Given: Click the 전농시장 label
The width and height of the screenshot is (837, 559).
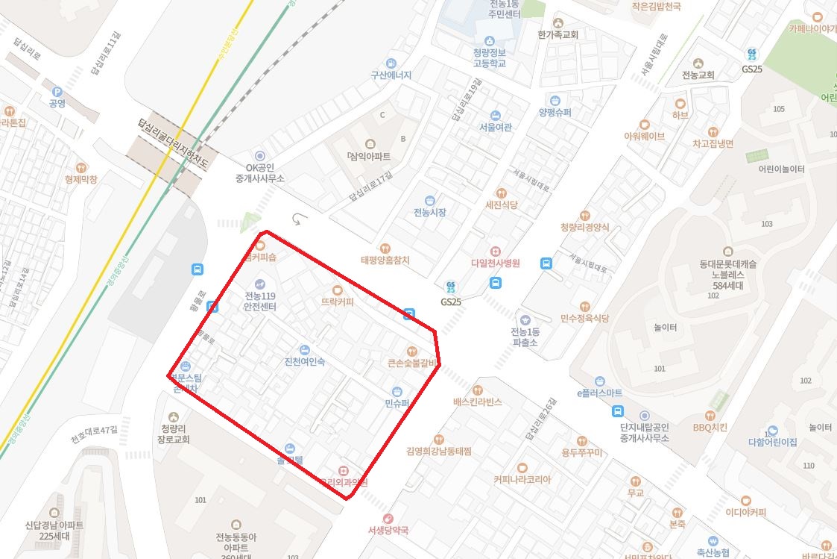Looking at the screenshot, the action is click(429, 212).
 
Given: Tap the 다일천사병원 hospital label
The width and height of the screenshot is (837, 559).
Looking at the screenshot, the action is click(495, 263).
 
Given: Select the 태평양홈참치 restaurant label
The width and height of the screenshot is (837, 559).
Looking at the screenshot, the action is click(385, 260).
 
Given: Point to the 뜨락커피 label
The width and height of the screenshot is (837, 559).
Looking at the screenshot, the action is click(337, 302).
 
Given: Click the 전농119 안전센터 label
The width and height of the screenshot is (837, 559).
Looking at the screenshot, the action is click(260, 301).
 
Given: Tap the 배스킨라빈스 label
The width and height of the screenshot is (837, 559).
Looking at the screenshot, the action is click(477, 402).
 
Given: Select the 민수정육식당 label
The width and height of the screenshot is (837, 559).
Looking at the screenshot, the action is click(585, 318).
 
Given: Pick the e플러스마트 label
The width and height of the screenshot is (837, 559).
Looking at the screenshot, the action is click(599, 393).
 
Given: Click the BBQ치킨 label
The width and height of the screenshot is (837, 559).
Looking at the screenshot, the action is click(710, 428).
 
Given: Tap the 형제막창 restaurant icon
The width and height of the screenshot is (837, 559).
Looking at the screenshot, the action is click(81, 168).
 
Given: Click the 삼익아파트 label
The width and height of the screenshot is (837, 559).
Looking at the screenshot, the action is click(370, 157).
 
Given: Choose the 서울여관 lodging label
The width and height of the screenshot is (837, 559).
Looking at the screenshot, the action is click(495, 127).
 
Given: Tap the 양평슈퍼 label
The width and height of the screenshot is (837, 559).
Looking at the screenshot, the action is click(555, 112).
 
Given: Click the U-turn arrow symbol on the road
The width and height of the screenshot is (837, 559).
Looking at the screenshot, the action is click(300, 219).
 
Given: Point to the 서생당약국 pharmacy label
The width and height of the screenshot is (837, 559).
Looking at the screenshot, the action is click(388, 530).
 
